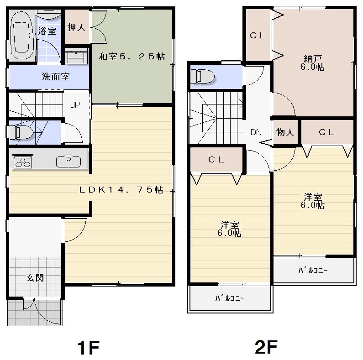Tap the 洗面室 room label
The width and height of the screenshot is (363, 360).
56,77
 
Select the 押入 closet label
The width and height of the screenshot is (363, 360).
76,27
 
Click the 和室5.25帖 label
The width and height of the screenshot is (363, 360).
132,57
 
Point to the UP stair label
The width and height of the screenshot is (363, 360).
74,104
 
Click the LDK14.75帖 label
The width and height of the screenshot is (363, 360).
121,189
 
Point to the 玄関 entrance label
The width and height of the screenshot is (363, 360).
34,277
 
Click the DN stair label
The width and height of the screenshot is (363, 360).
256,133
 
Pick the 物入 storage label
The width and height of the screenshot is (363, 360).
285,132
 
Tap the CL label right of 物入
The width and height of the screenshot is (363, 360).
326,132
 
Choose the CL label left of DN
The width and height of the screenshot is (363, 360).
216,160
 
